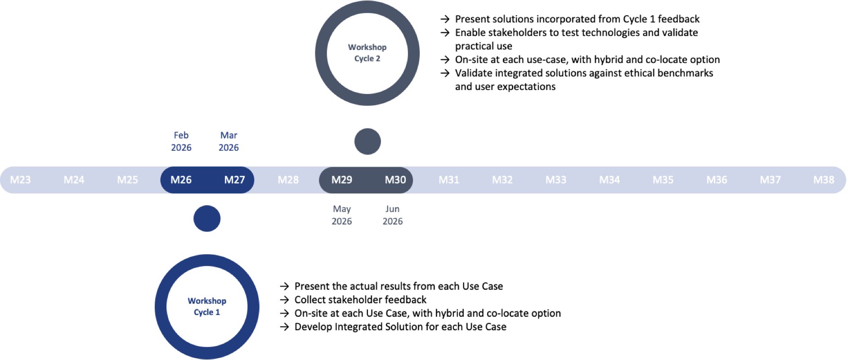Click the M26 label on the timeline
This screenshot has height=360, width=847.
coord(181,180)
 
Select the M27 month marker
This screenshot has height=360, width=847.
coord(234,180)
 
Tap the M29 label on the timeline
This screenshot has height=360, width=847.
coord(341,180)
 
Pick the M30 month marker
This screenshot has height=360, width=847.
coord(395,180)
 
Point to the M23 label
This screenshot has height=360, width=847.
coord(20,180)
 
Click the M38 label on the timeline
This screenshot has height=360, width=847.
coord(824,180)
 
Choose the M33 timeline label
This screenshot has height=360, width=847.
coord(556,180)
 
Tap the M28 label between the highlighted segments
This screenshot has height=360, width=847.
coord(288,180)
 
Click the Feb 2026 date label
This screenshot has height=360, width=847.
coord(181,141)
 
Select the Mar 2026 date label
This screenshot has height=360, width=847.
coord(229,141)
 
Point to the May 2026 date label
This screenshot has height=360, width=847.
coord(342,215)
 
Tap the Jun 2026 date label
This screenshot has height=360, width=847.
coord(393,215)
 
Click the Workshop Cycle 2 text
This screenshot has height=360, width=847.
coord(367,53)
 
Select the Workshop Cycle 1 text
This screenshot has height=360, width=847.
coord(207,306)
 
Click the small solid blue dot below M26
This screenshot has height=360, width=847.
coord(207,218)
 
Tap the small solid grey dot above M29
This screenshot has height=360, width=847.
coord(367,141)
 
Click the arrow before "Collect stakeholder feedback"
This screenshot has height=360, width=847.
coord(284,300)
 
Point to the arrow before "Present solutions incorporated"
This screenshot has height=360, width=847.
coord(445,19)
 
